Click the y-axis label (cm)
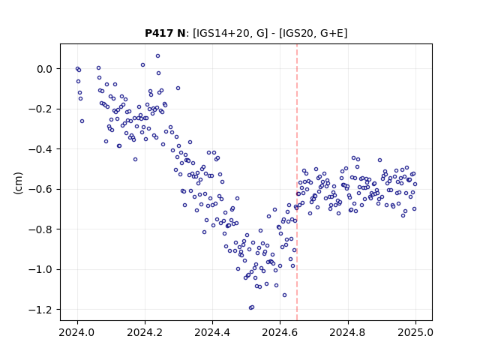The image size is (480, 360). [18, 183]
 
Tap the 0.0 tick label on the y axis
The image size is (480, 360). [44, 69]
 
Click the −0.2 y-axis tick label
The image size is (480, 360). [40, 109]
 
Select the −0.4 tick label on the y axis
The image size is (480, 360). [40, 149]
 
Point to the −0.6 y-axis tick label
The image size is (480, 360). [40, 190]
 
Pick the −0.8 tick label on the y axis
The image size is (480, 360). [40, 229]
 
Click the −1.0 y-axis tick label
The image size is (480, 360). [40, 270]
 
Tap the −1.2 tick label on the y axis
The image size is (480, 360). [40, 310]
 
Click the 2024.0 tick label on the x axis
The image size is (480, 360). [77, 333]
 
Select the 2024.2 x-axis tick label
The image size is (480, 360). [145, 333]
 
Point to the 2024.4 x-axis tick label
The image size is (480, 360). [212, 333]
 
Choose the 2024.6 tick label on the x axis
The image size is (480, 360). [280, 333]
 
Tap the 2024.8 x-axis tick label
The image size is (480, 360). [348, 333]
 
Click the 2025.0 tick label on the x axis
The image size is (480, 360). [415, 333]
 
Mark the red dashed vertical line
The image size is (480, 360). [297, 182]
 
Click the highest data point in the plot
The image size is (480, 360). [157, 56]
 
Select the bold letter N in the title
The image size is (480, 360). [181, 33]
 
